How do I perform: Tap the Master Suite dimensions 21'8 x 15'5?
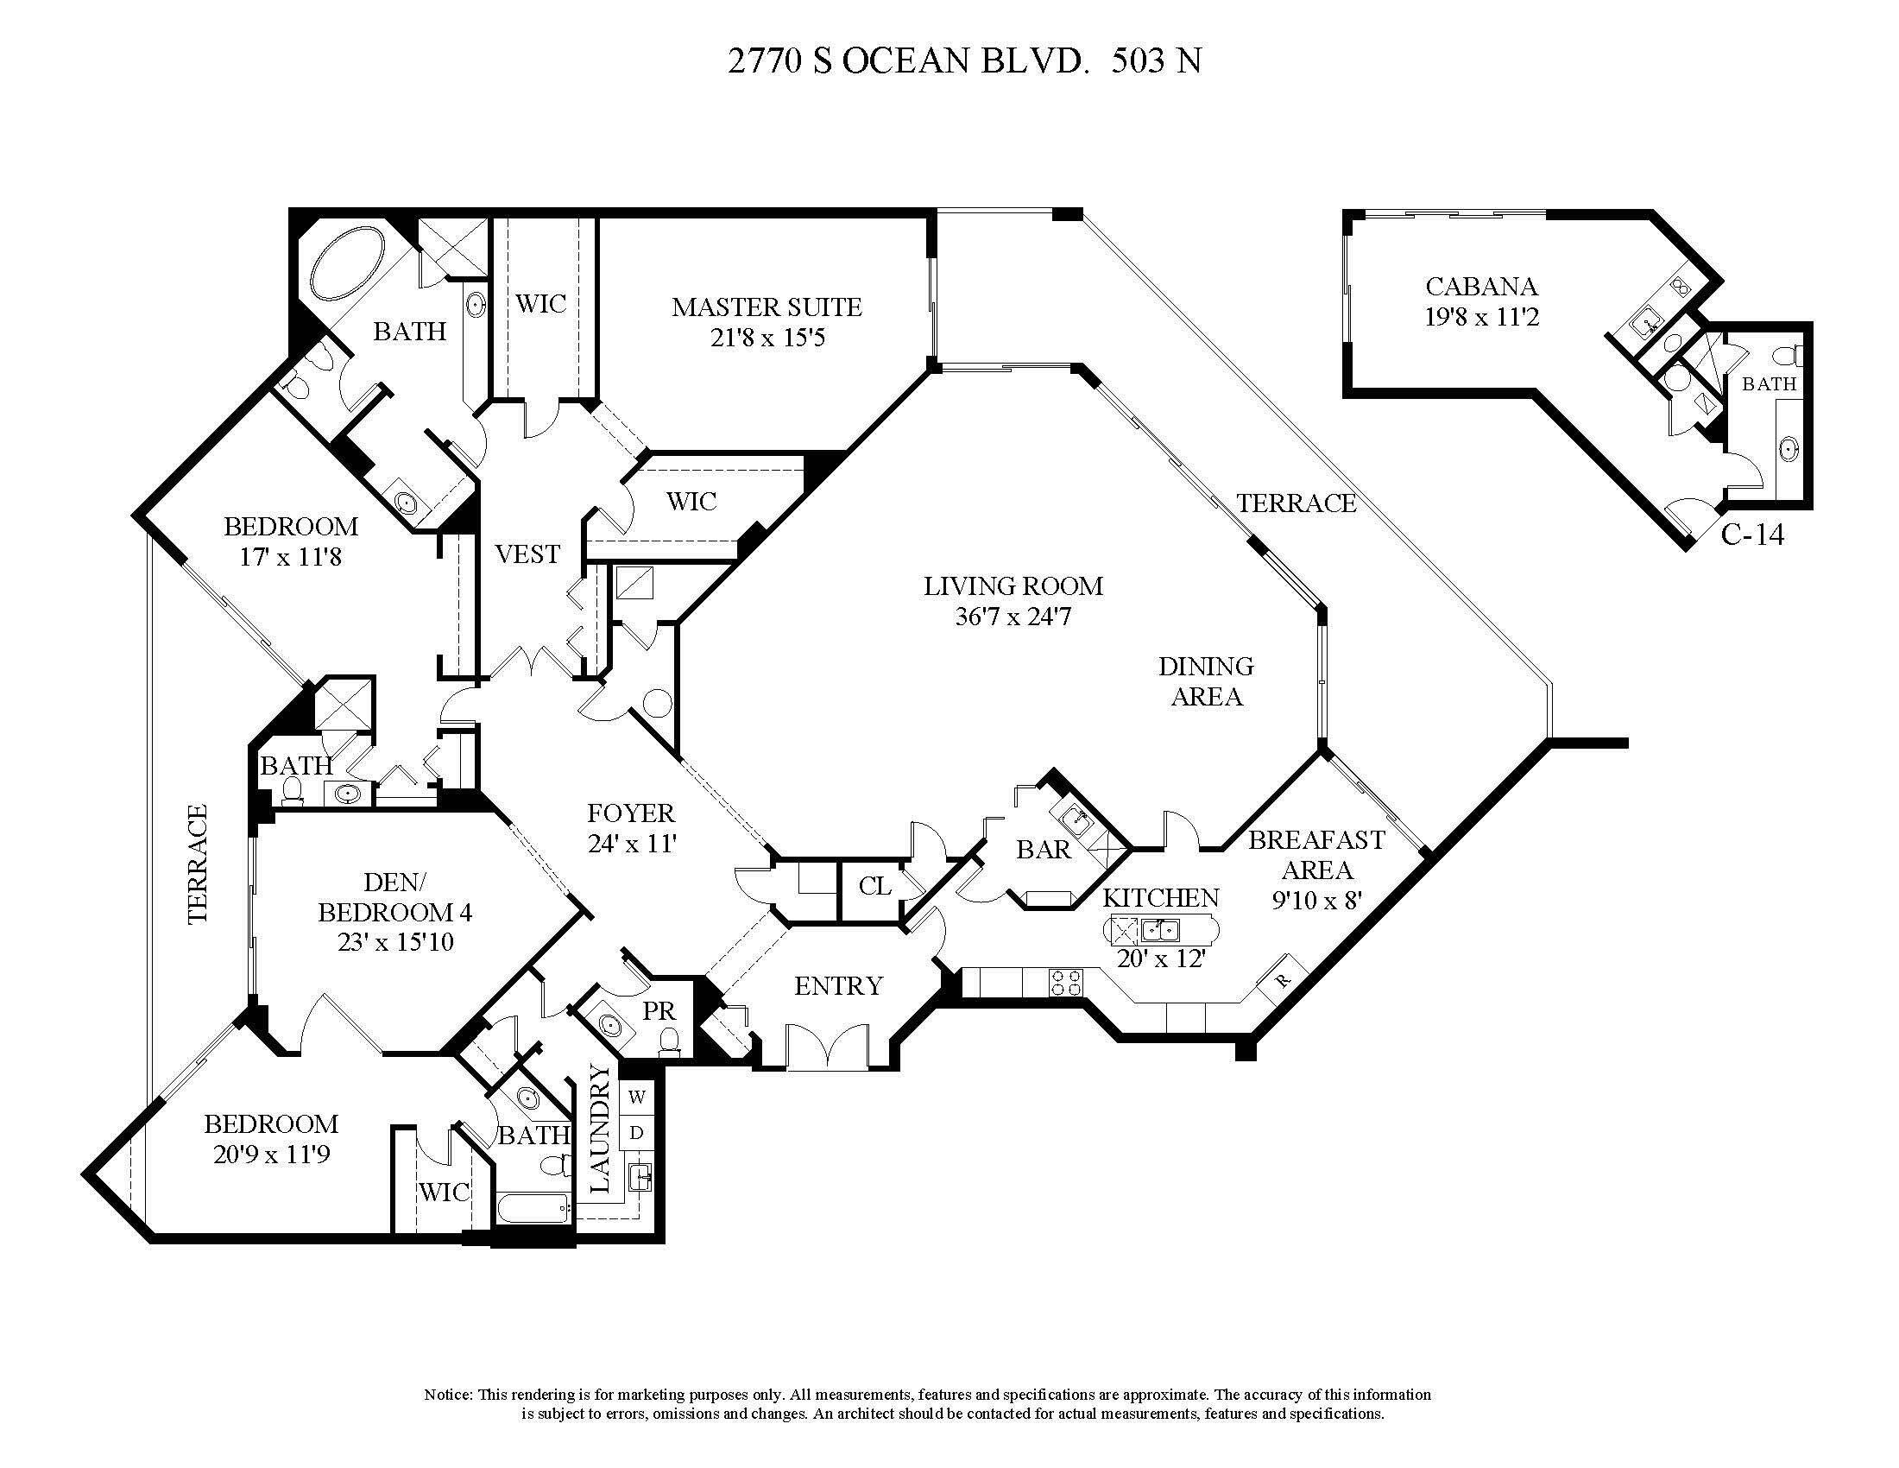click(x=767, y=338)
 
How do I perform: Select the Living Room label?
click(x=1013, y=586)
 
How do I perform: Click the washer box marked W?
click(x=636, y=1098)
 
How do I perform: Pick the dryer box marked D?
click(x=636, y=1133)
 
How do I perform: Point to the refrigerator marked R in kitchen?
click(x=1284, y=978)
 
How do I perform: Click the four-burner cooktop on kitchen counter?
click(x=1067, y=982)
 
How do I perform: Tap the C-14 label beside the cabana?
click(x=1752, y=535)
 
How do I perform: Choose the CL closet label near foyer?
click(x=874, y=886)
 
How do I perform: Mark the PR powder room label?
click(x=659, y=1010)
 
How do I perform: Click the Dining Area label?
click(x=1206, y=681)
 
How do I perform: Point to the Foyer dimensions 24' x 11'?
click(x=631, y=844)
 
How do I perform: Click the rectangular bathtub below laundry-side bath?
click(x=533, y=1207)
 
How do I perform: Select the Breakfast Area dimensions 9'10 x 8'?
click(x=1316, y=900)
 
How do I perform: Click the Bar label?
click(x=1044, y=849)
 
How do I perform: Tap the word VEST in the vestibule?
click(x=527, y=554)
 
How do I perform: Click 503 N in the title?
click(x=1157, y=62)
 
